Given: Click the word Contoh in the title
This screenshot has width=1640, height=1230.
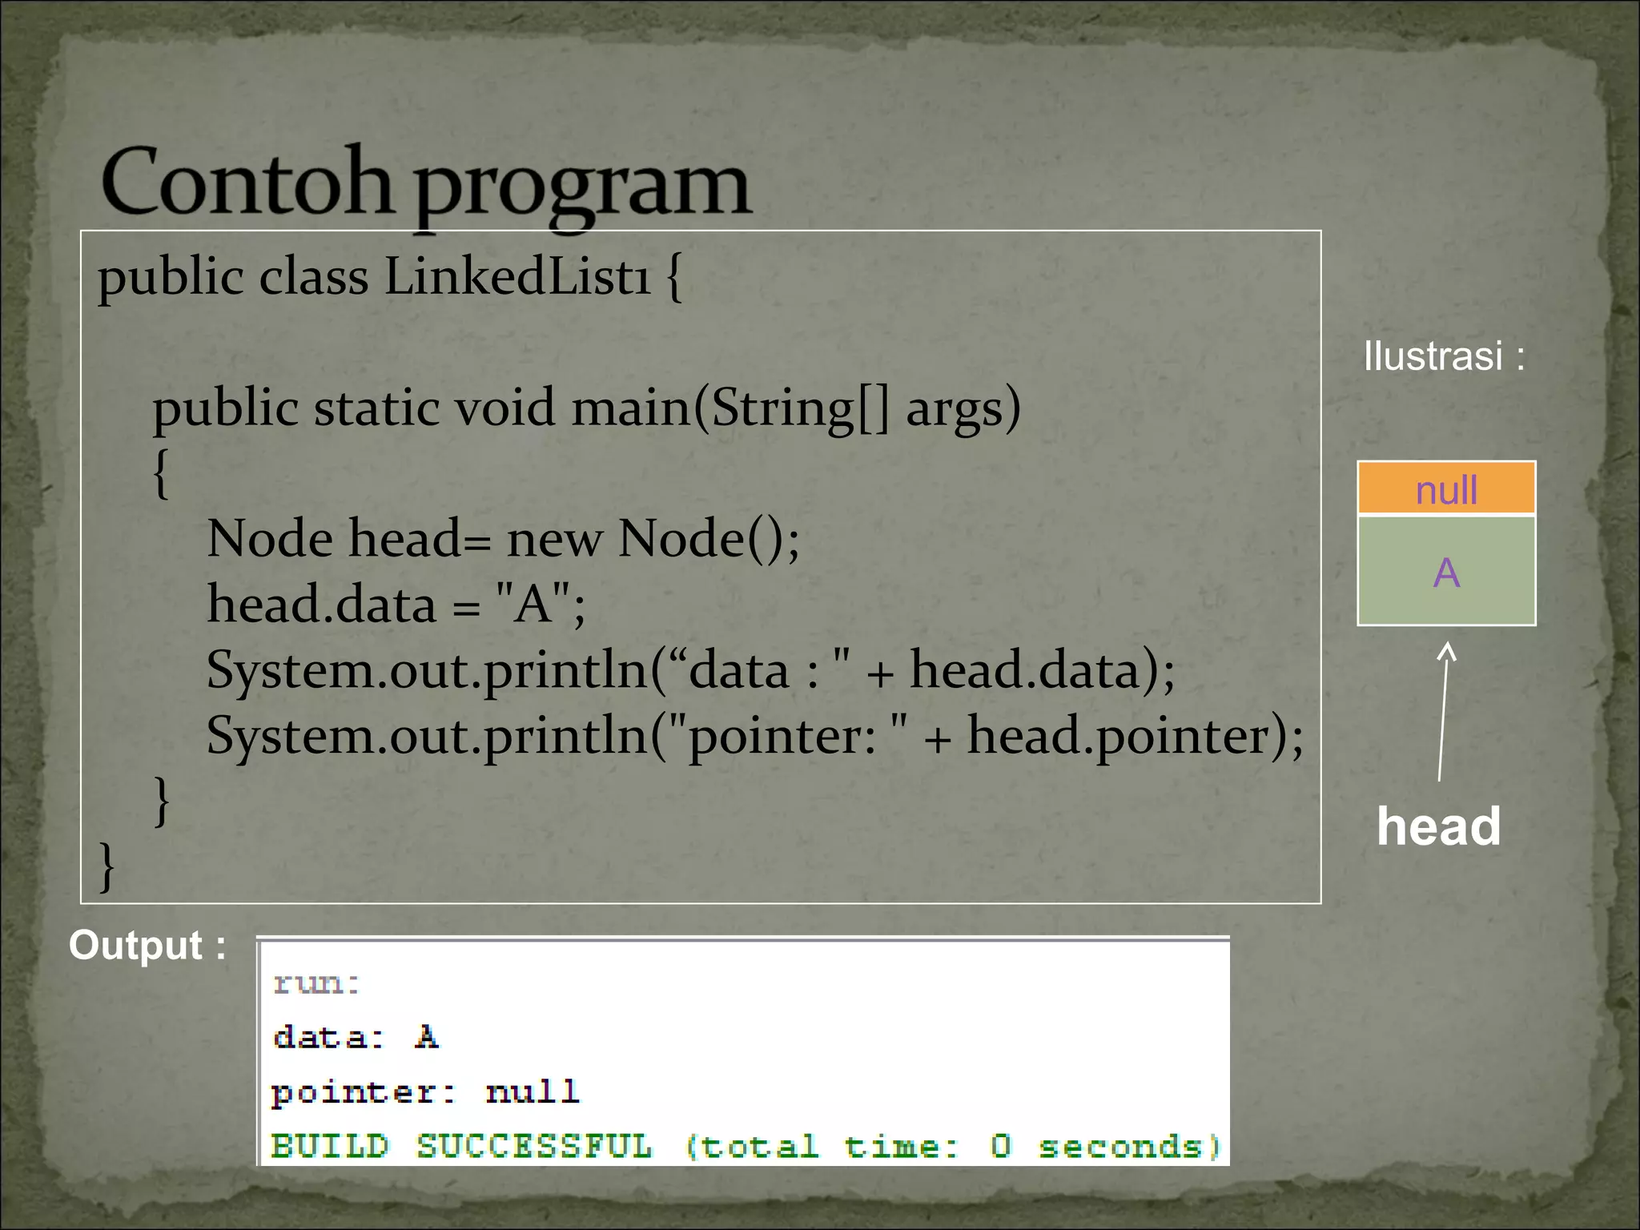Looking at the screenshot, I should click(x=246, y=183).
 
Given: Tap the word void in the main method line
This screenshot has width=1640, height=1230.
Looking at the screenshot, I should click(x=505, y=408).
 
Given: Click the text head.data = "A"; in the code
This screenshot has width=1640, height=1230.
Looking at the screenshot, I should click(x=396, y=604).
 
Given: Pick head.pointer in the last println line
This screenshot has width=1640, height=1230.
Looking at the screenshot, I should click(x=1126, y=735).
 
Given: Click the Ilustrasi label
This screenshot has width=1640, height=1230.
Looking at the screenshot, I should click(x=1443, y=356).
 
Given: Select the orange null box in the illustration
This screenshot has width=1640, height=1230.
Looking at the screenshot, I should click(x=1446, y=488).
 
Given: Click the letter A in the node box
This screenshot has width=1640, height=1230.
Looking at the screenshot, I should click(x=1446, y=573).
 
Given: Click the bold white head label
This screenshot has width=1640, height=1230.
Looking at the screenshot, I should click(x=1438, y=826).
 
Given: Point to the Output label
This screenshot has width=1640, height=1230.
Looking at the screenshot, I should click(x=147, y=945).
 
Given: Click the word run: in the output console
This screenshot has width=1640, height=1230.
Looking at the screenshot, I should click(x=316, y=983).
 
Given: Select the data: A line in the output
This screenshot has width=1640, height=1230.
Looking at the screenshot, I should click(x=356, y=1038).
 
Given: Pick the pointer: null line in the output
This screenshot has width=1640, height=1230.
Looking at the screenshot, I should click(x=424, y=1092).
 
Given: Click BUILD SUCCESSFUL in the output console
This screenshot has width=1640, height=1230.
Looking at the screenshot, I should click(x=461, y=1146).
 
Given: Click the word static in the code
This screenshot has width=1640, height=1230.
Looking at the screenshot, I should click(x=376, y=408).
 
